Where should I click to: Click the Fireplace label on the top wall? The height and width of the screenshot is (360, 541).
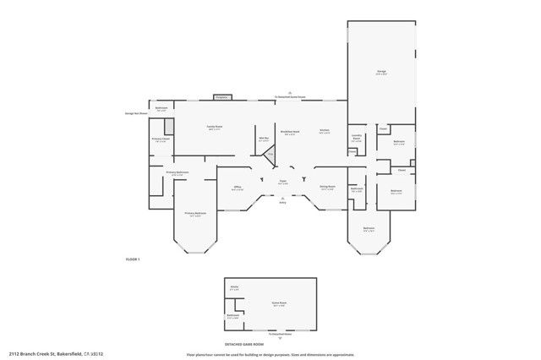tap(221, 97)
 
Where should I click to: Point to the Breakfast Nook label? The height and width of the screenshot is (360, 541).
tap(290, 132)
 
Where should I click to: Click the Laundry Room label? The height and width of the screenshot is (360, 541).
tap(357, 139)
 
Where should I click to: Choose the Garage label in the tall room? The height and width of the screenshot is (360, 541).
tap(381, 73)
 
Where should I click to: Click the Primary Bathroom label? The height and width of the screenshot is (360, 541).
tap(177, 173)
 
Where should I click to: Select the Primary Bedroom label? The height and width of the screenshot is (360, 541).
tap(195, 214)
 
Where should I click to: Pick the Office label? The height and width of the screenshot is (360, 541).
tap(238, 188)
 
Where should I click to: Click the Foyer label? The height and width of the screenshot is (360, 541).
tap(283, 182)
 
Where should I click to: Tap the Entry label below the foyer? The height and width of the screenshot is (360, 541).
tap(282, 203)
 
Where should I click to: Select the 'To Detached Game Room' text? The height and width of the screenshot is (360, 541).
tap(289, 97)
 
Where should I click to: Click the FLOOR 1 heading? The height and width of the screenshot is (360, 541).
tap(132, 259)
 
